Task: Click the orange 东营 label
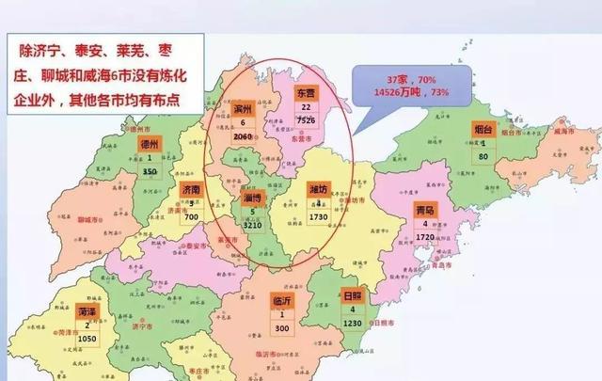[306, 95]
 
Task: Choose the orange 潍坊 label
[320, 190]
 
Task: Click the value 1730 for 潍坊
[320, 217]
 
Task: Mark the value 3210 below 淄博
[250, 227]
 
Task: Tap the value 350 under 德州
[150, 172]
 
